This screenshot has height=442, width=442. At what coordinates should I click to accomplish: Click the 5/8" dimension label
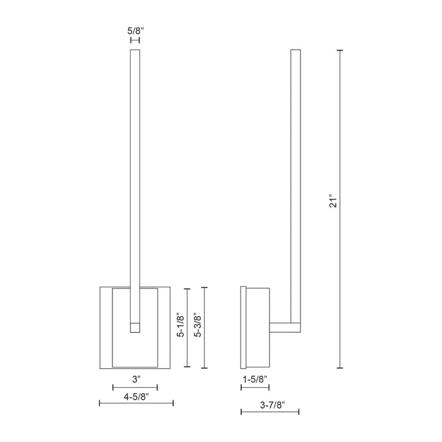(134, 30)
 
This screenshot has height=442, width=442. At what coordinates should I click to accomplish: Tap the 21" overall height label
(335, 201)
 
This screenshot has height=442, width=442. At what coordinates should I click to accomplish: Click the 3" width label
(134, 379)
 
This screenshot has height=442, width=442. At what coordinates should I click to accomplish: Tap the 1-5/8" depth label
(254, 379)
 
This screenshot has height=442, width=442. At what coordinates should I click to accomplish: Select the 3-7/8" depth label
(270, 403)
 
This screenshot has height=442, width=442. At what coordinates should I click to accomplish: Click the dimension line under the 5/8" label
(134, 40)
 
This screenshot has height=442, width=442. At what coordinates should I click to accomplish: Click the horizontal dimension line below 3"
(134, 388)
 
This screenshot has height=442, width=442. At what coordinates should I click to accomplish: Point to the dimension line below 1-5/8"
(255, 388)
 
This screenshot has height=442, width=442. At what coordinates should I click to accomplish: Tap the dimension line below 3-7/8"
(270, 413)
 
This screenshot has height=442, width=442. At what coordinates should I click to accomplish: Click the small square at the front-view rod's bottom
(134, 328)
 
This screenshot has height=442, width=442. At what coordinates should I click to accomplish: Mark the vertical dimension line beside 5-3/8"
(205, 328)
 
